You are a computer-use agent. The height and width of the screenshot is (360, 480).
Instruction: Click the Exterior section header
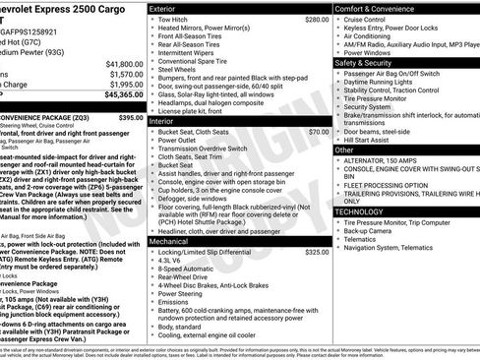click(163, 8)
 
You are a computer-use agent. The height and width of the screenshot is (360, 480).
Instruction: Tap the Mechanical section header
click(169, 240)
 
